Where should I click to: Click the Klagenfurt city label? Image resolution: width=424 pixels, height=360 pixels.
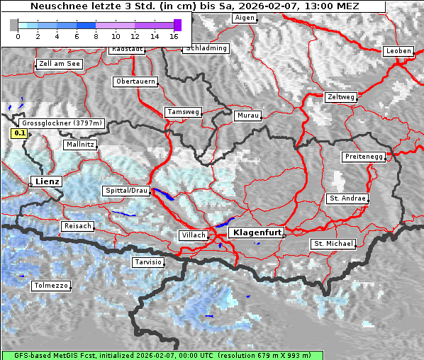258,232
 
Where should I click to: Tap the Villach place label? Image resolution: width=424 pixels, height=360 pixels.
193,235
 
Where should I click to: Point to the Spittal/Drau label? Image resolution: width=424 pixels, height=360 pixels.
126,191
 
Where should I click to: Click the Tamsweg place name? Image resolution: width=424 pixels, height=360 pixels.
184,112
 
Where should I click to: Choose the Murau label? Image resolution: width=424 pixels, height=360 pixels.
248,115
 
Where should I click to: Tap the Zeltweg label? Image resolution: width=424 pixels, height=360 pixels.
341,96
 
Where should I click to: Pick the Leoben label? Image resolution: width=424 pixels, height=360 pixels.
398,51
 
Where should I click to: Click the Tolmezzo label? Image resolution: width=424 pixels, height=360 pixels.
51,286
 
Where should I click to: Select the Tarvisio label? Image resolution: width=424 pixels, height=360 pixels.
148,262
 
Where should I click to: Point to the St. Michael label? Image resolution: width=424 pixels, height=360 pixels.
333,244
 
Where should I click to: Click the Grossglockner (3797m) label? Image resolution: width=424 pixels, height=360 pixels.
63,123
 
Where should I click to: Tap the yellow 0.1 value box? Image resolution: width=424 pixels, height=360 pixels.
19,133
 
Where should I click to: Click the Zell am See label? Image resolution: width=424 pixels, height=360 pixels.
60,64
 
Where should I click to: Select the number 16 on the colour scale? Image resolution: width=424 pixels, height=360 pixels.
174,36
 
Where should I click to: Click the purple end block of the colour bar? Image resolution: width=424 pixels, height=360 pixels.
177,25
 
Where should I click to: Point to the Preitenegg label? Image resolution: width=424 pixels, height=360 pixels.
364,156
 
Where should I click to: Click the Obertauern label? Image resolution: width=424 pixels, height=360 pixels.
135,81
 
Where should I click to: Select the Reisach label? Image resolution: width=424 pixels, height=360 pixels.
78,226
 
